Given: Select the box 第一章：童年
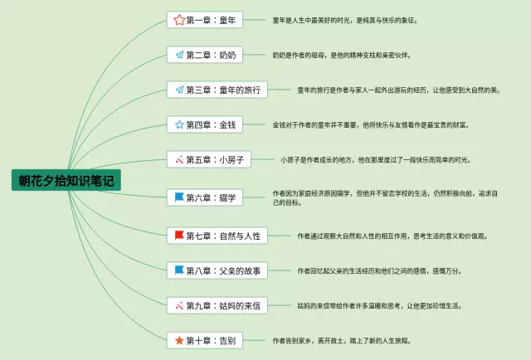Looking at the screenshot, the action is pyautogui.click(x=203, y=19).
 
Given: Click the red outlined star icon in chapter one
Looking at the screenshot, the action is pyautogui.click(x=178, y=19).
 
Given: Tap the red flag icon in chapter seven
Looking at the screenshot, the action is pyautogui.click(x=178, y=236).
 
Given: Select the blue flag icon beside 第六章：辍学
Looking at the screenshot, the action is pyautogui.click(x=178, y=197).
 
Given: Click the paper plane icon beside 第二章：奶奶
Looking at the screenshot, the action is pyautogui.click(x=178, y=55).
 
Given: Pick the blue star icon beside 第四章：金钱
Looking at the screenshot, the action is pyautogui.click(x=178, y=124).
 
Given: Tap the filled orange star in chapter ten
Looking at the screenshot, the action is pyautogui.click(x=178, y=339).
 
